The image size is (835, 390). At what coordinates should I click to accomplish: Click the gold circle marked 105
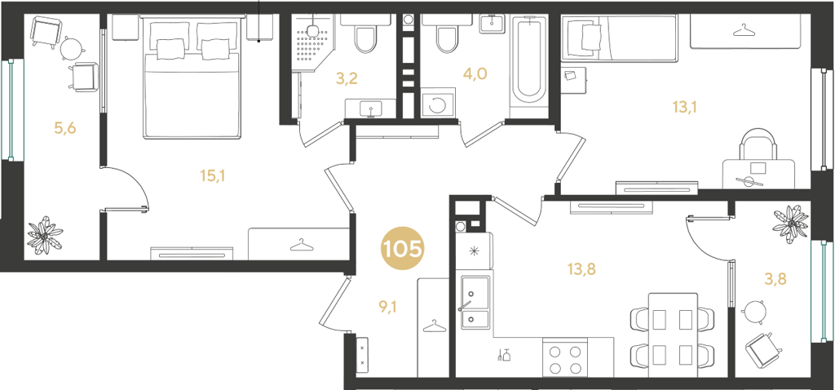pyautogui.click(x=402, y=248)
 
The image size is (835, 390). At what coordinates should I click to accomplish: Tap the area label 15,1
pyautogui.click(x=213, y=175)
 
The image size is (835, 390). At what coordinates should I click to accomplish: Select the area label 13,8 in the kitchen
pyautogui.click(x=581, y=269)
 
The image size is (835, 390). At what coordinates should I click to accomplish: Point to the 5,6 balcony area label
pyautogui.click(x=65, y=128)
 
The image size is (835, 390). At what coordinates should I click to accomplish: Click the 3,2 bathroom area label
pyautogui.click(x=346, y=79)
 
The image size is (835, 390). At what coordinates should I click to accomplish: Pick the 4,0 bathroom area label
pyautogui.click(x=475, y=73)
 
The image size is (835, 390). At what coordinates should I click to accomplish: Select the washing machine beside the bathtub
pyautogui.click(x=438, y=103)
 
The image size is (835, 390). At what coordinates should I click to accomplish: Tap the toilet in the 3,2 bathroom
pyautogui.click(x=365, y=34)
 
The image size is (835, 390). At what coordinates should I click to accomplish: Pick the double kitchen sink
pyautogui.click(x=474, y=301)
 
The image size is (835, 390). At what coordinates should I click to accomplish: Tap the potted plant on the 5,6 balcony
pyautogui.click(x=46, y=235)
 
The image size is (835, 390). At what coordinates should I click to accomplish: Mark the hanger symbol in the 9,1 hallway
pyautogui.click(x=434, y=326)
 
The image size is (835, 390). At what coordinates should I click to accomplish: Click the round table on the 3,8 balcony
pyautogui.click(x=754, y=312)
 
